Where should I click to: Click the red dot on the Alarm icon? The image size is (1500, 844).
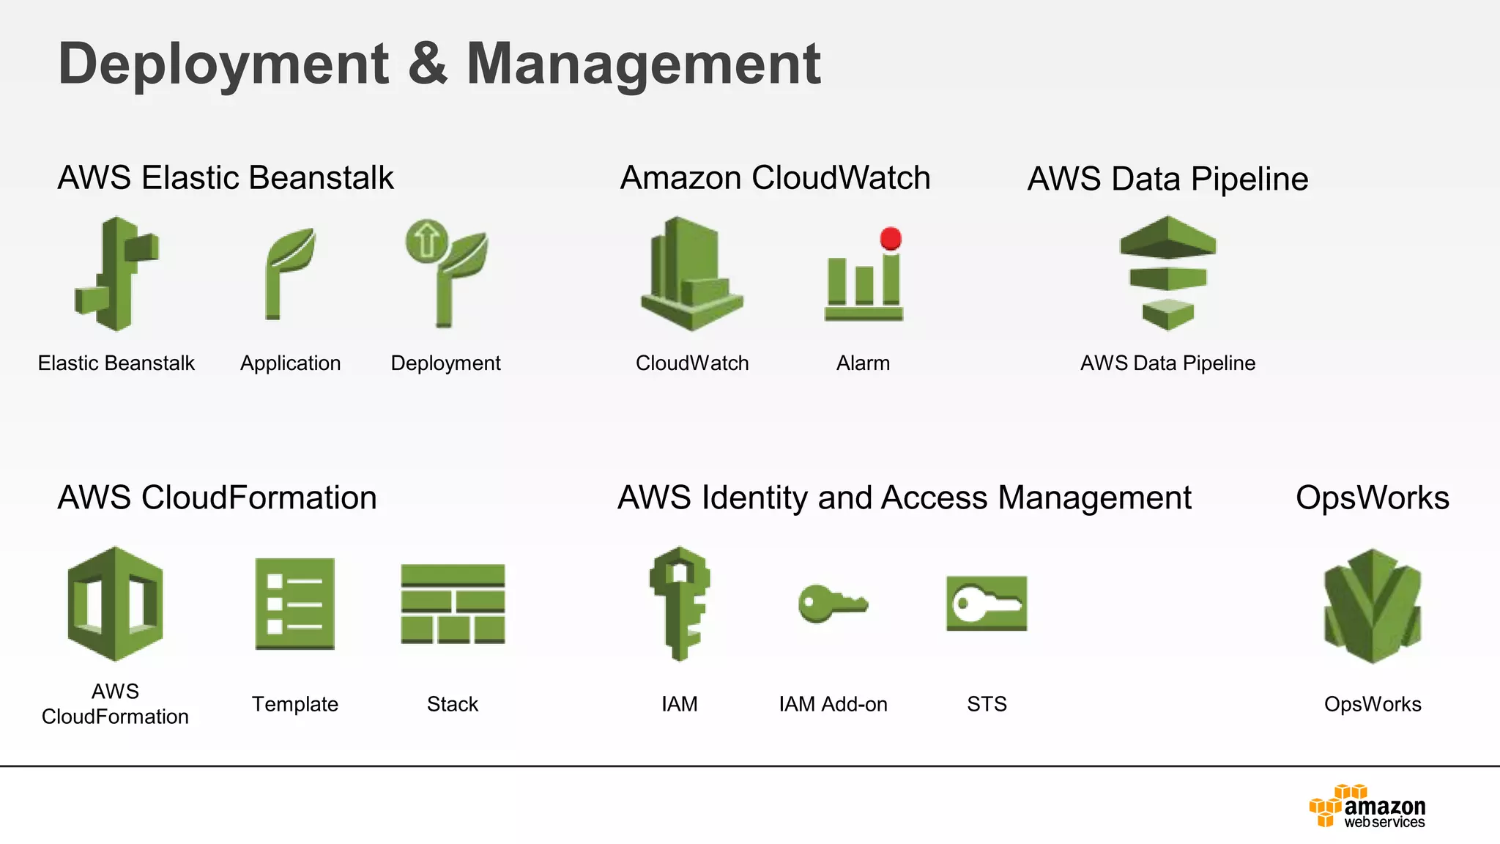(891, 239)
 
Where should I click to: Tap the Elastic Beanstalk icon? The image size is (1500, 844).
(117, 273)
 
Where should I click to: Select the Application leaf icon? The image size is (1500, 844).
(290, 273)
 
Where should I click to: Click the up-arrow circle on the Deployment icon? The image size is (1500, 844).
(426, 240)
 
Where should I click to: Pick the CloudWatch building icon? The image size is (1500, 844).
(691, 273)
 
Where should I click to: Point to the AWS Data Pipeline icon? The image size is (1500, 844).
(1167, 273)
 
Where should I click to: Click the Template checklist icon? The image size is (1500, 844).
(294, 604)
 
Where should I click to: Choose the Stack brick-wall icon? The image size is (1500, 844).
(453, 604)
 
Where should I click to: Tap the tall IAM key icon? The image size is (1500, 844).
(679, 604)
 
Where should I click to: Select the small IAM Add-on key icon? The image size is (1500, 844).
(832, 604)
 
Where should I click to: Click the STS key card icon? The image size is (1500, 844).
(986, 604)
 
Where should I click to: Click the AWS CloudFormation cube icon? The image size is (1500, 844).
(115, 604)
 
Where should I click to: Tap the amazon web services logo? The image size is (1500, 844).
(1367, 807)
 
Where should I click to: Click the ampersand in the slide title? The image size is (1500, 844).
(427, 64)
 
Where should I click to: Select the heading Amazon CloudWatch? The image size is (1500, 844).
(775, 178)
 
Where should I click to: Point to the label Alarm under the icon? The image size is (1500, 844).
(863, 363)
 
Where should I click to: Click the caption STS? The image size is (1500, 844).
(986, 704)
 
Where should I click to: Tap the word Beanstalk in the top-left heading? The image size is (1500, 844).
(321, 178)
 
